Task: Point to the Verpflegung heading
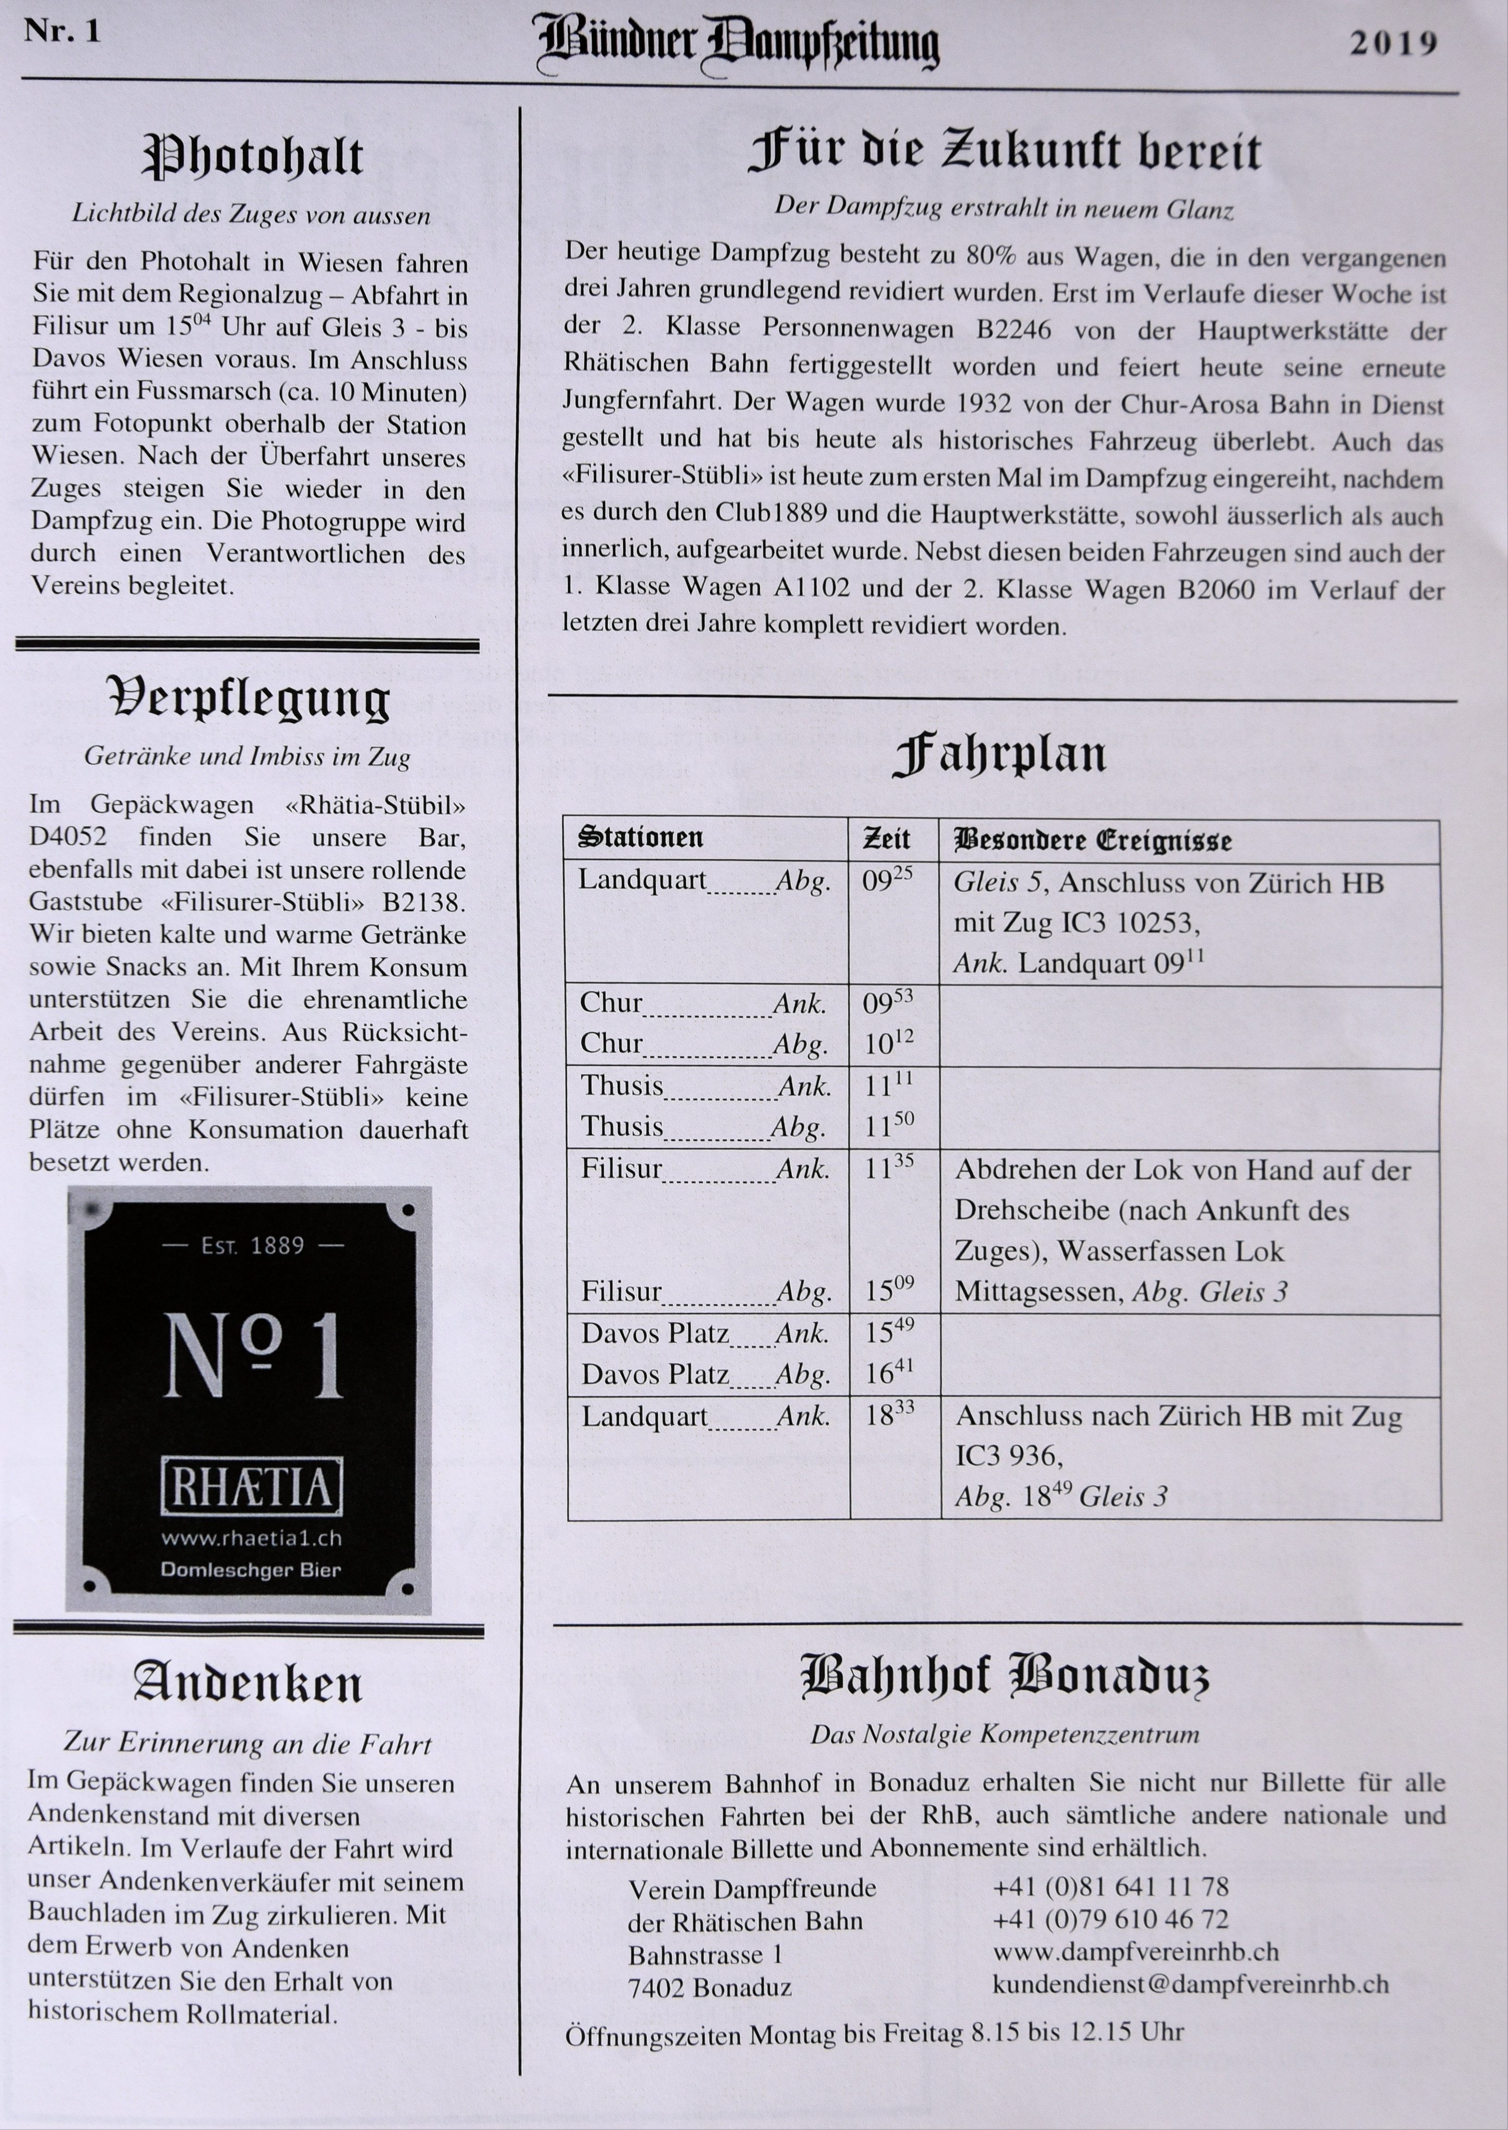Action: (x=249, y=699)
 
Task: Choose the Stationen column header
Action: (x=641, y=837)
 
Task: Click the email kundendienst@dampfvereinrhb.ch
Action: (x=1190, y=1984)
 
